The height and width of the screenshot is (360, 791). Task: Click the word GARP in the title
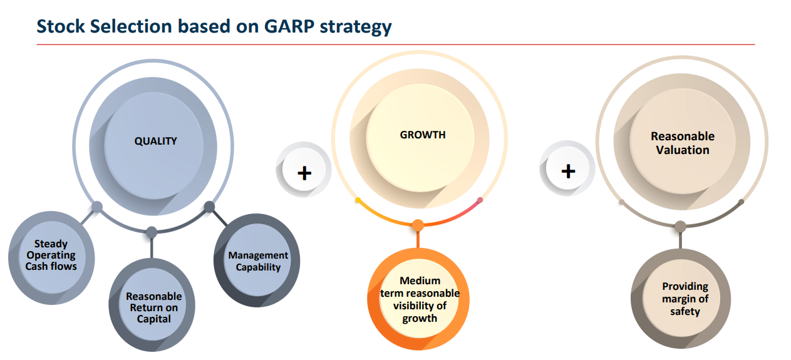click(x=289, y=26)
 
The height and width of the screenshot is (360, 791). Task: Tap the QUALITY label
click(x=155, y=141)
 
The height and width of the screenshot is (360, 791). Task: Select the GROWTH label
click(x=423, y=135)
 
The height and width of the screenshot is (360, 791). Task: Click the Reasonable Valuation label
click(x=683, y=143)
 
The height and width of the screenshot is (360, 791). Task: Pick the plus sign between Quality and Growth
click(x=304, y=173)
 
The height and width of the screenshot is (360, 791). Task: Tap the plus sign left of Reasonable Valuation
click(x=568, y=172)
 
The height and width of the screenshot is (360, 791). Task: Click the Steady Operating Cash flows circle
click(x=51, y=258)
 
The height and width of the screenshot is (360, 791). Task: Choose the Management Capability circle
click(x=257, y=260)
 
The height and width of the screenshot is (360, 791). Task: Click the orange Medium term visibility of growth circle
click(x=418, y=299)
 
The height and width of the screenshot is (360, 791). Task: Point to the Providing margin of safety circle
click(x=681, y=299)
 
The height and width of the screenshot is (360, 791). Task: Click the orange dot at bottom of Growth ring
click(x=418, y=225)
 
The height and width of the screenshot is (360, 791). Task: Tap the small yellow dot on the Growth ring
click(x=358, y=200)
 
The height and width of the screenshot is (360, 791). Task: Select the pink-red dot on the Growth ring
click(x=480, y=200)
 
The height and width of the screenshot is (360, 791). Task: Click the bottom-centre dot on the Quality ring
click(x=152, y=232)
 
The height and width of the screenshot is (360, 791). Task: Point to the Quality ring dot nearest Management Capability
click(x=209, y=207)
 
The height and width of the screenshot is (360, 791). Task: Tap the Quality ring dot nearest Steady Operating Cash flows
click(x=97, y=207)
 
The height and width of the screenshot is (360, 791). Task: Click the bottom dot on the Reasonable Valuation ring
click(x=680, y=226)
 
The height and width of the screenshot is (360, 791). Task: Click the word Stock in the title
click(x=61, y=26)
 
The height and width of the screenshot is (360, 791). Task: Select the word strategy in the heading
click(x=356, y=28)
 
